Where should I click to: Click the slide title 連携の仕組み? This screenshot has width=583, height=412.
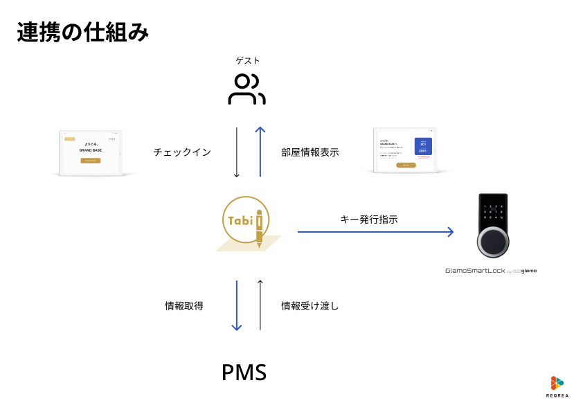point(82,33)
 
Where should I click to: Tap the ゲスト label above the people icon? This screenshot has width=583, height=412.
point(247,61)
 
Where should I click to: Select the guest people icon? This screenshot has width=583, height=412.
point(246,89)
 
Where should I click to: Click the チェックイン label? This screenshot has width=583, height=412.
point(182,152)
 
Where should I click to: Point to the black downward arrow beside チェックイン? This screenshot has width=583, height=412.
point(237,152)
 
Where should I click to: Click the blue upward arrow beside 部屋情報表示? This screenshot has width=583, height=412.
point(260,152)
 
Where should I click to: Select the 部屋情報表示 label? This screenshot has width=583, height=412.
point(310,152)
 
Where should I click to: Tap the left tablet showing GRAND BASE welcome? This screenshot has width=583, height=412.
point(90,152)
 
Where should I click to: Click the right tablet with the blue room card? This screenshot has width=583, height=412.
point(406,150)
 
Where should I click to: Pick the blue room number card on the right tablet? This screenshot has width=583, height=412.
point(423,146)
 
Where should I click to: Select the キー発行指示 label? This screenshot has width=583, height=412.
point(369,219)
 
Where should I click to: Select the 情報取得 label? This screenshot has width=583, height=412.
point(184,305)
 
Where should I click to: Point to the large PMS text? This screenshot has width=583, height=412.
point(244,373)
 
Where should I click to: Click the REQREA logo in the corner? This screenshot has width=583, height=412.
point(556,387)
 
